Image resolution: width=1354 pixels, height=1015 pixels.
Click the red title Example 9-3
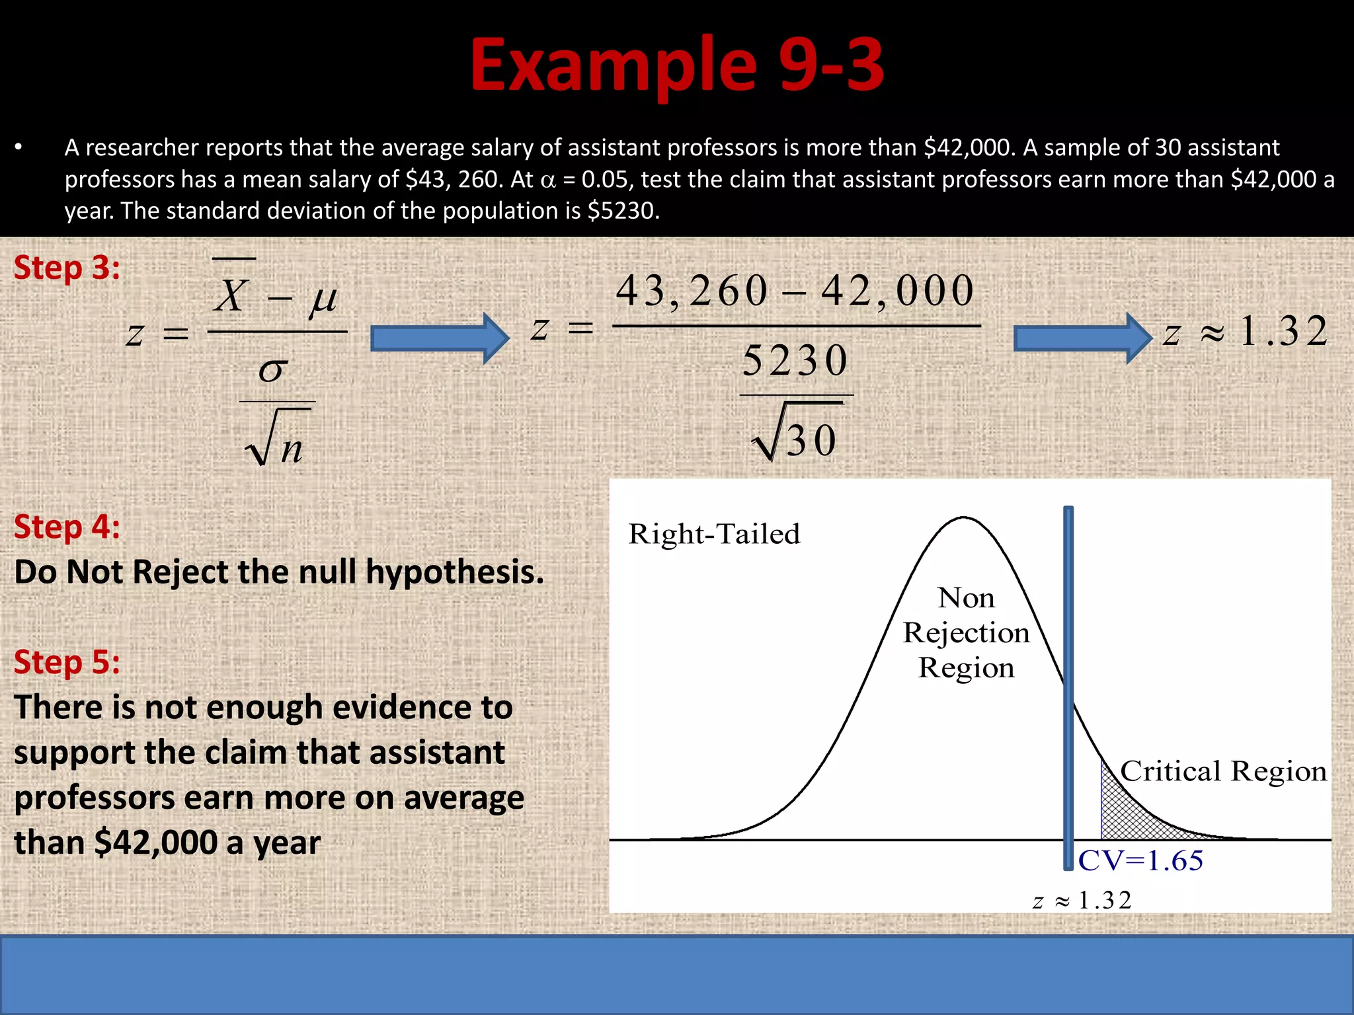tap(676, 65)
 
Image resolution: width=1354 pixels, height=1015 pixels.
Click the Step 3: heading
tap(67, 268)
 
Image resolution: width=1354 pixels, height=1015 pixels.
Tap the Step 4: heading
tap(67, 527)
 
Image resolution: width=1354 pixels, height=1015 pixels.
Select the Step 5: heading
tap(67, 662)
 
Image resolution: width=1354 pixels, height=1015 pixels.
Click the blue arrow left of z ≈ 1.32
tap(1082, 338)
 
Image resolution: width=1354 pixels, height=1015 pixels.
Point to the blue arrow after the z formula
tap(440, 338)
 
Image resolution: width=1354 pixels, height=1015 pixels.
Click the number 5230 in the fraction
tap(795, 361)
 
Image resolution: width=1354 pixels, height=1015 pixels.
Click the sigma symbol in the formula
tap(273, 370)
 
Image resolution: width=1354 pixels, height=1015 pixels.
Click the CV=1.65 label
tap(1140, 861)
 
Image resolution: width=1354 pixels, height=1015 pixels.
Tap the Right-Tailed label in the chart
tap(714, 534)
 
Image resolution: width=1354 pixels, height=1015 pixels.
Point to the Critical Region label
tap(1223, 771)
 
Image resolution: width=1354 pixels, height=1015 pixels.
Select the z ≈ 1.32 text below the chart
tap(1082, 900)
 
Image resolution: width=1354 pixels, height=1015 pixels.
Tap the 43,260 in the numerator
tap(692, 291)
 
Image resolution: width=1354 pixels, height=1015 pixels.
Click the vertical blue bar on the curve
tap(1068, 687)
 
